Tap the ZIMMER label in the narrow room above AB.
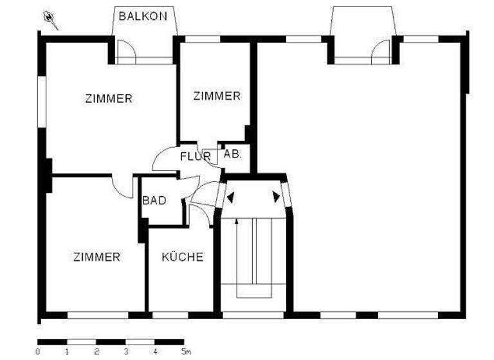[217, 96]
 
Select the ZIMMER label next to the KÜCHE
[96, 257]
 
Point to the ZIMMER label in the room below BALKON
[109, 99]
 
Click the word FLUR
[196, 156]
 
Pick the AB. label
[232, 154]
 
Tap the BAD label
[154, 201]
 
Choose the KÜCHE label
[182, 257]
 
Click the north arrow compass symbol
[50, 20]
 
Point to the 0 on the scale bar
[38, 352]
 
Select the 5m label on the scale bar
[186, 352]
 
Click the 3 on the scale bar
[126, 352]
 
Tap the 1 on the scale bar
[67, 352]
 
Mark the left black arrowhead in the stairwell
[230, 197]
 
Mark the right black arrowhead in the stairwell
[277, 197]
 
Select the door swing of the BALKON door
[127, 51]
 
